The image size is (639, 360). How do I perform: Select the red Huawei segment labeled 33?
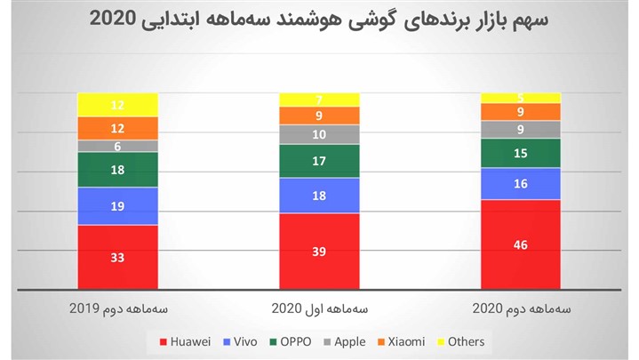[117, 257]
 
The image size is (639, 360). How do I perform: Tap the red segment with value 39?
[319, 251]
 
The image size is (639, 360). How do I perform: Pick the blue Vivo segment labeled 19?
[117, 205]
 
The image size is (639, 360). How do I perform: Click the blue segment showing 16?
[521, 183]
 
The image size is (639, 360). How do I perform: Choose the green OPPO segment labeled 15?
[521, 153]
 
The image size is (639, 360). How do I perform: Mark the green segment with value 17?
[319, 161]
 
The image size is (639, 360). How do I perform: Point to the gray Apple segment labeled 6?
[117, 146]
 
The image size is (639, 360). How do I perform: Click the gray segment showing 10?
[319, 134]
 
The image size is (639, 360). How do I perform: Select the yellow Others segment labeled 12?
[117, 105]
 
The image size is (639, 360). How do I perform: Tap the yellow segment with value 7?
[319, 99]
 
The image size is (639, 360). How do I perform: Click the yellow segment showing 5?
[521, 97]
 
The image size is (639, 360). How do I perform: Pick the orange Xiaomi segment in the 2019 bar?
[117, 128]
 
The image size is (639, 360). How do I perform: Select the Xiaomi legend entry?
[400, 341]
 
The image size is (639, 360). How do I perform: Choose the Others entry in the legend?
[460, 341]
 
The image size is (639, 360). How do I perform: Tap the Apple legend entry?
[342, 341]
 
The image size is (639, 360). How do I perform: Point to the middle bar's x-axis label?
[319, 308]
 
